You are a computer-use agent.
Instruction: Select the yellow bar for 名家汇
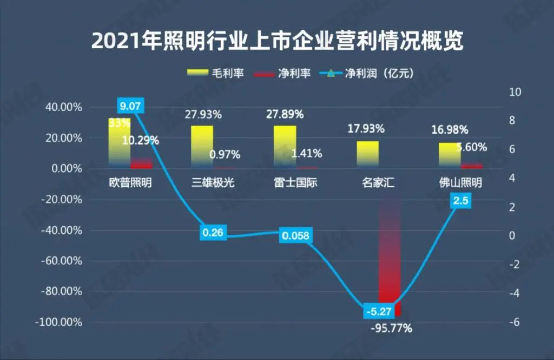pos(368,154)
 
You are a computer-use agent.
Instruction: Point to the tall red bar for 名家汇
pos(390,254)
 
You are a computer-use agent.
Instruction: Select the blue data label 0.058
pos(296,236)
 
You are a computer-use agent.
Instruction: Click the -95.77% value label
pos(391,328)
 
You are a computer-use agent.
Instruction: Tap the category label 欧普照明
pos(130,183)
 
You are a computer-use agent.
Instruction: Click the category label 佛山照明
pos(460,183)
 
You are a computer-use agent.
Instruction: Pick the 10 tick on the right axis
pos(515,92)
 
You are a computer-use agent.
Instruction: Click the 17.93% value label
pos(366,129)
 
